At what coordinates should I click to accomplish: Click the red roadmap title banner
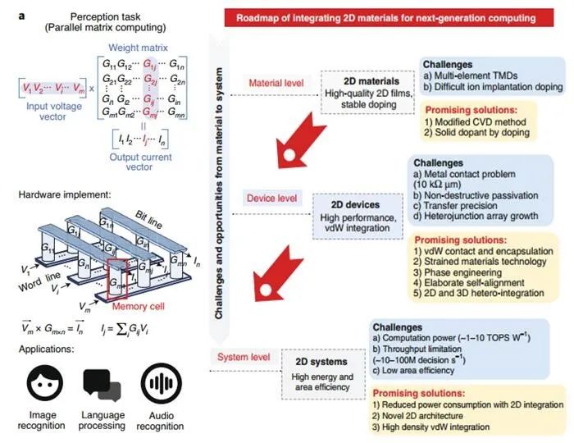[x=394, y=18]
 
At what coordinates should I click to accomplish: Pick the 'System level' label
[x=244, y=355]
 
